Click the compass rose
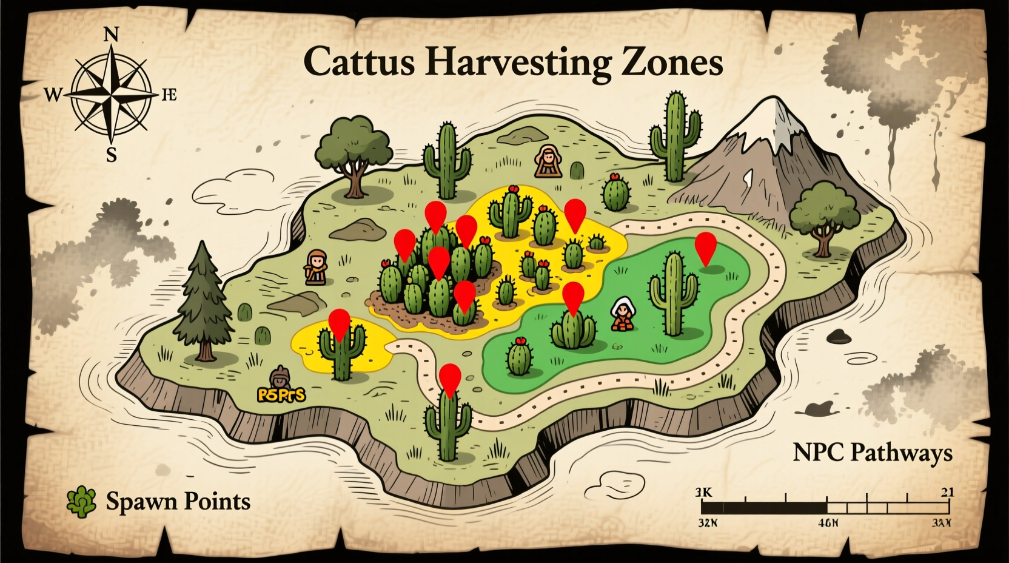111,96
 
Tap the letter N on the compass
111,35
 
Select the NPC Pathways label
872,453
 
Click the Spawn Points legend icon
82,501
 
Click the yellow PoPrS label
281,395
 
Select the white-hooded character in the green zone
622,314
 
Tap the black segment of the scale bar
764,507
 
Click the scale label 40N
827,522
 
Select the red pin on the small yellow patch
339,323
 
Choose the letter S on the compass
111,156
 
